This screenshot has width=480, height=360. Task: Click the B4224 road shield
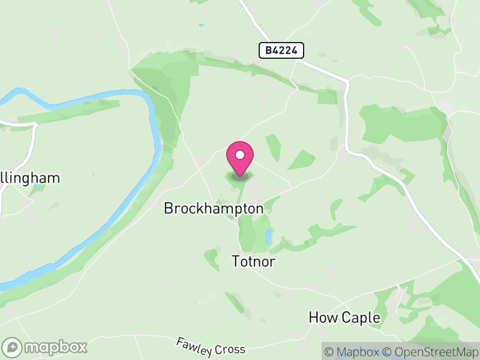click(281, 50)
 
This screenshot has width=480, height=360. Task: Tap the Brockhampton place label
click(214, 209)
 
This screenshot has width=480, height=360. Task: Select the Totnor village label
click(257, 261)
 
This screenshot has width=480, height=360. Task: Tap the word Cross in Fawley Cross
click(231, 350)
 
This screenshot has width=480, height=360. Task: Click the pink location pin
click(240, 158)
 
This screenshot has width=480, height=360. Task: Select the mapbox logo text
click(56, 347)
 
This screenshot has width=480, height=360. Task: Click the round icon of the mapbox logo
click(13, 347)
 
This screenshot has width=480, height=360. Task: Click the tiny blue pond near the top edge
click(200, 25)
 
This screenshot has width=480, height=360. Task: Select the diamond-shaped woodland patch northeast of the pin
click(302, 160)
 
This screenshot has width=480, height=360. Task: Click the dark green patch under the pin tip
click(239, 177)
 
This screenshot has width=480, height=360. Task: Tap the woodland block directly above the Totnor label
click(247, 234)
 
